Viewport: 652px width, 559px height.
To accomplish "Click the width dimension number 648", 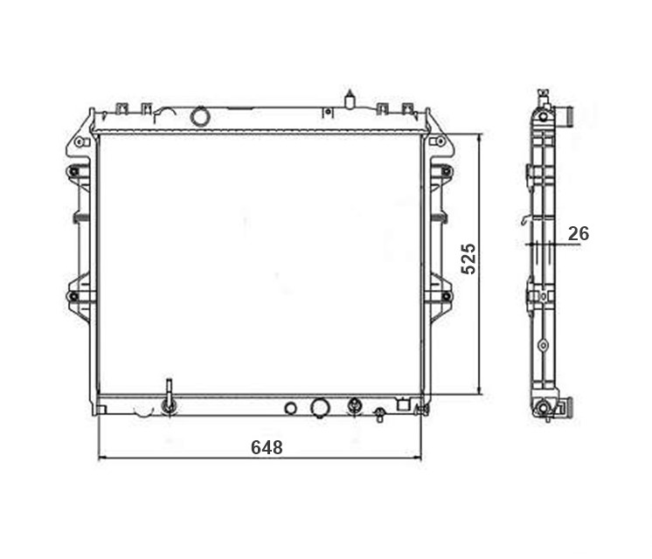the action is (x=267, y=447).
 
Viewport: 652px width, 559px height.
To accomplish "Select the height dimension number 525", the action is (x=468, y=259).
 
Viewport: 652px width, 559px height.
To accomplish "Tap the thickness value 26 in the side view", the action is (x=579, y=233).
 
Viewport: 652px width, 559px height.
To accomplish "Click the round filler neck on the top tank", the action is (x=199, y=116).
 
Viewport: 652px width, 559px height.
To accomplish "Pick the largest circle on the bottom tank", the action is (x=320, y=408).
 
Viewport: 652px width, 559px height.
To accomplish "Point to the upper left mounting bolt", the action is (x=73, y=171).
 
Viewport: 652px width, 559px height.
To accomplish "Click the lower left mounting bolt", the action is (x=73, y=296).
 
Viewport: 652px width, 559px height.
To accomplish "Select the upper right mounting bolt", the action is (x=446, y=171).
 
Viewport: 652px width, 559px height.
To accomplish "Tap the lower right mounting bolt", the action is (x=446, y=296).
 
